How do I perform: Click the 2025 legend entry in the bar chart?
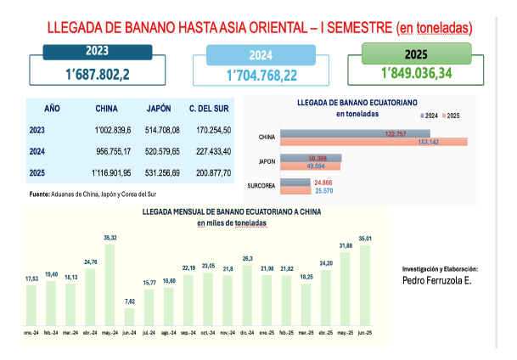pyautogui.click(x=452, y=115)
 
